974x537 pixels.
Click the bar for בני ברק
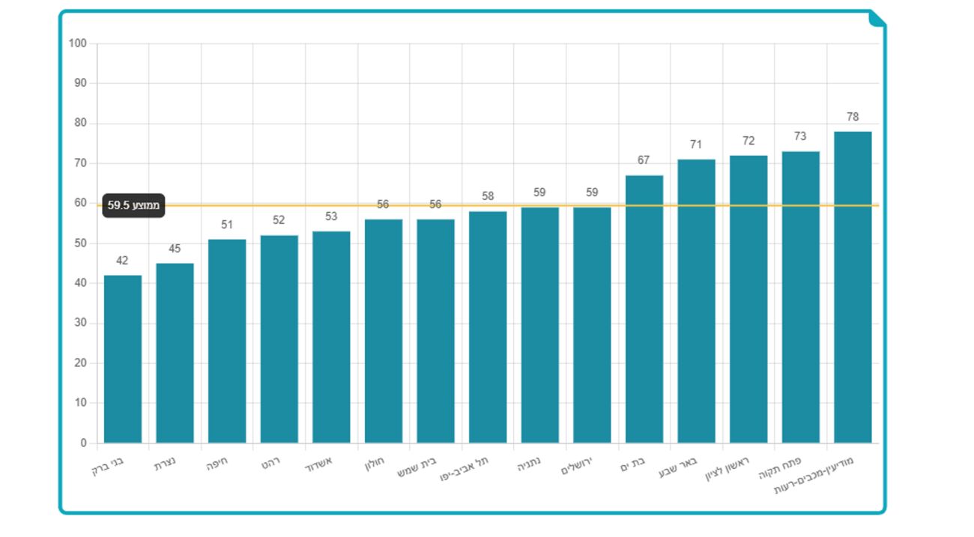[123, 359]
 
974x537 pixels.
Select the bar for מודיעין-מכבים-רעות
[853, 288]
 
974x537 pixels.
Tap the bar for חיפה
[227, 342]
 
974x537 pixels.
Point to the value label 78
[853, 117]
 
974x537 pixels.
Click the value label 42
[122, 261]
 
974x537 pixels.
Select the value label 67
[644, 160]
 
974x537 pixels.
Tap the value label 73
[800, 136]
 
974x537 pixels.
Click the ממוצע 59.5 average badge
[133, 205]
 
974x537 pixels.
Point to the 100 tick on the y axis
[78, 43]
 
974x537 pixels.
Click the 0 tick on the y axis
[83, 443]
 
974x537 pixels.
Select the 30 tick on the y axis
[80, 323]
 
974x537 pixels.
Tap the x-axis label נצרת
[166, 465]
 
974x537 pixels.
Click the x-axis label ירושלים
[577, 468]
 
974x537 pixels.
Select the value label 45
[175, 249]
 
